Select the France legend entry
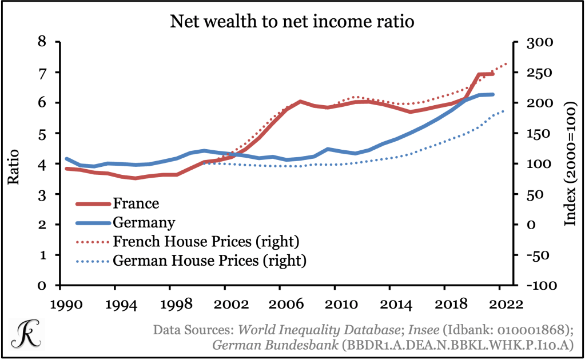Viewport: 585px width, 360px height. [x=136, y=203]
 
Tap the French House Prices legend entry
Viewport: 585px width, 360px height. [x=205, y=241]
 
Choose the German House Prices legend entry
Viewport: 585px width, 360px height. [x=210, y=261]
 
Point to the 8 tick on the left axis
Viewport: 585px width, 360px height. [x=41, y=42]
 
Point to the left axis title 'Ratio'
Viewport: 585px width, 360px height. [x=14, y=167]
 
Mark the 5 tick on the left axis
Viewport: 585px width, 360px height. [x=41, y=133]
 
